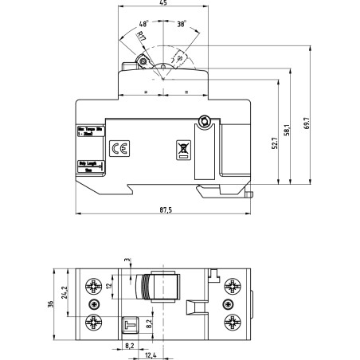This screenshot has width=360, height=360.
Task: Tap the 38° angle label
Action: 182,25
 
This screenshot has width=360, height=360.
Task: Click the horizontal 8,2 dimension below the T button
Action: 128,344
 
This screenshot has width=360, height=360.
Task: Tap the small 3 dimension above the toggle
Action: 127,260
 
